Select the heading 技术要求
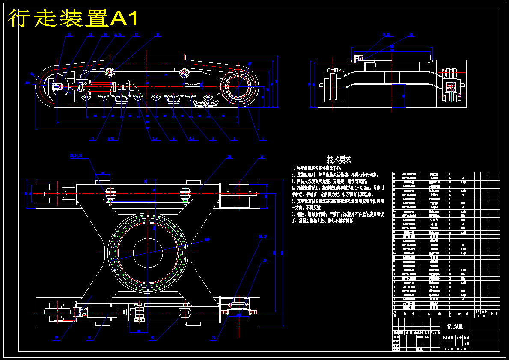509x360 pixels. point(339,159)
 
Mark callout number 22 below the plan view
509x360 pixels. point(152,338)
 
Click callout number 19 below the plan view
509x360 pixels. point(214,338)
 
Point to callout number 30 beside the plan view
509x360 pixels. point(265,260)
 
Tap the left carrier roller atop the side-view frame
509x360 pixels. point(109,73)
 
